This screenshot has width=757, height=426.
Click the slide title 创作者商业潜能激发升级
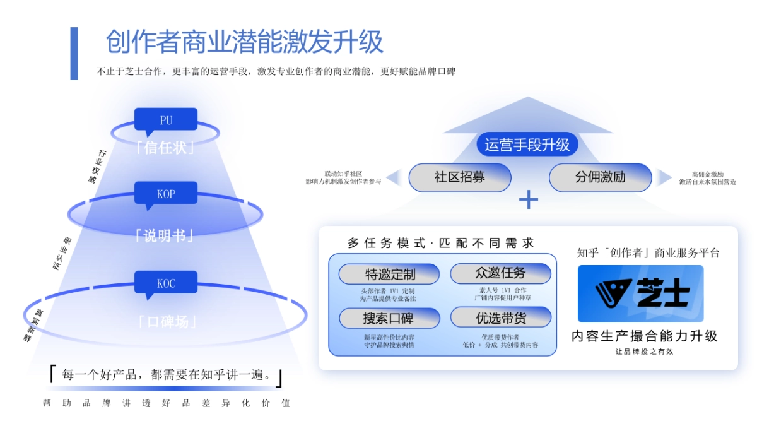(244, 42)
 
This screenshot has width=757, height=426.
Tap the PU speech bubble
(165, 120)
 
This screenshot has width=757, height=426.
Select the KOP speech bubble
(165, 194)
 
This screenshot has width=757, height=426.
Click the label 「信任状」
(165, 148)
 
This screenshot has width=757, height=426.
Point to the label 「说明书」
(165, 235)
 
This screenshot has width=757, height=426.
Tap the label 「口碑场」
(165, 322)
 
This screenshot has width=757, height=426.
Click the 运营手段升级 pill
(527, 145)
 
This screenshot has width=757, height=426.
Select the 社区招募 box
(459, 177)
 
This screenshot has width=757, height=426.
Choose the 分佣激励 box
(600, 177)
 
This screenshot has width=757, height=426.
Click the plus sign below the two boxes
(528, 200)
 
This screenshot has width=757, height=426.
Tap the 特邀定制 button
(390, 275)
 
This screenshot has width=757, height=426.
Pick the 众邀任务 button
(500, 273)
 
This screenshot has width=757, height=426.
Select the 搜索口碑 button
(390, 318)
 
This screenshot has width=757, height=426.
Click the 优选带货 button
(500, 318)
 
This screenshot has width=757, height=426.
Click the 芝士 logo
(640, 293)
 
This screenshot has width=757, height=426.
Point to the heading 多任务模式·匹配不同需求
(441, 243)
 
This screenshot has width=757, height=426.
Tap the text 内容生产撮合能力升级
(644, 336)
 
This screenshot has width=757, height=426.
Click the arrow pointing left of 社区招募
(394, 177)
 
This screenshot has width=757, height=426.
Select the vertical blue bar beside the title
(74, 53)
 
